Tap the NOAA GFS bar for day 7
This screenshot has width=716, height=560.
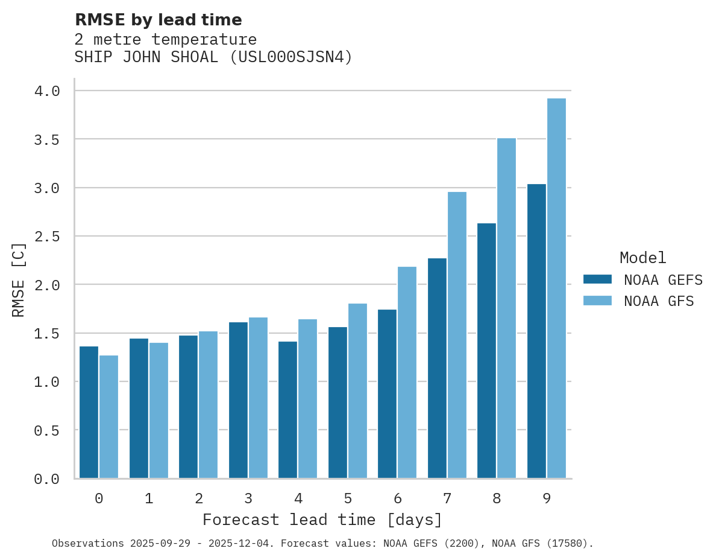tap(457, 335)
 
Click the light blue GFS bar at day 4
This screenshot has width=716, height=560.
tap(308, 398)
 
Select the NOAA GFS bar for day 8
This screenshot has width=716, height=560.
tap(507, 308)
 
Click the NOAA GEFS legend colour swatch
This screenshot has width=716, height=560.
tap(597, 279)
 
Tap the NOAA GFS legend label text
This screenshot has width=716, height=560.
tap(659, 301)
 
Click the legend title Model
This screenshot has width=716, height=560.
tap(642, 258)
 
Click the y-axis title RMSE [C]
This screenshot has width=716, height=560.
tap(19, 279)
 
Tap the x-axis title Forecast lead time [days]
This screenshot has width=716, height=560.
tap(322, 520)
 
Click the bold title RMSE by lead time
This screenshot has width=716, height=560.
tap(158, 20)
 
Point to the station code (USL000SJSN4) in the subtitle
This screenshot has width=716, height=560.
tap(291, 57)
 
